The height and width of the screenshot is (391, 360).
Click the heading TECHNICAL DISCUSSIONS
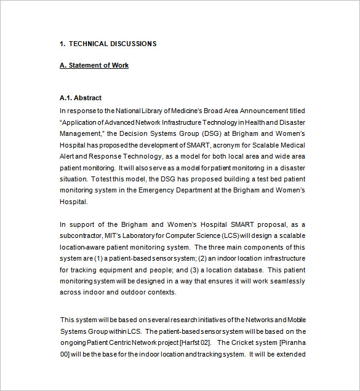coord(112,44)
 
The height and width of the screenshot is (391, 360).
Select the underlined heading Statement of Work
coord(98,65)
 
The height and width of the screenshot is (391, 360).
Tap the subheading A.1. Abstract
coord(81,98)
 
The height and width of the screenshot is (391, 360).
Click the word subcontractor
coord(83,236)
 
